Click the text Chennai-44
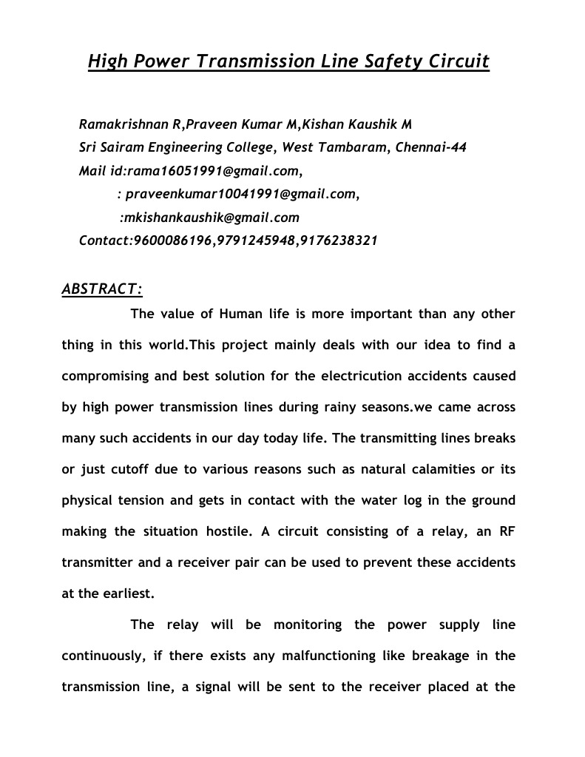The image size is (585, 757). point(431,147)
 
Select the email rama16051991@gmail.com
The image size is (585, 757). point(213,171)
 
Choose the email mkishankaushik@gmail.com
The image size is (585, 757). point(212,218)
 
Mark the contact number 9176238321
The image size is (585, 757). point(339,240)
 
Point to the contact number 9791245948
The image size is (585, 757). point(255,240)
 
